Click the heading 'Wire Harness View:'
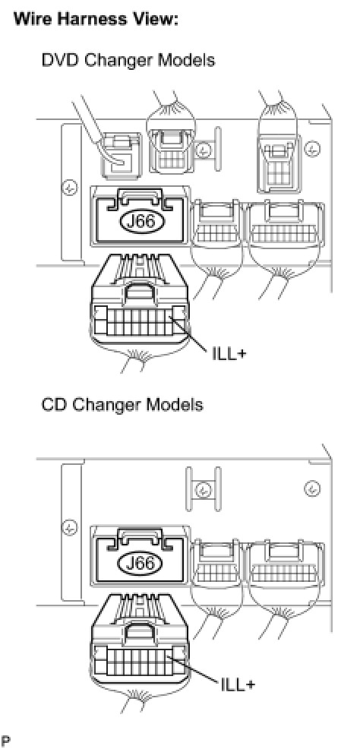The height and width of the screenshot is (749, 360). (96, 19)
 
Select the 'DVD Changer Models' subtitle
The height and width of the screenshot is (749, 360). (128, 61)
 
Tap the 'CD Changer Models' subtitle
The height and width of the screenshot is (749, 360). (122, 405)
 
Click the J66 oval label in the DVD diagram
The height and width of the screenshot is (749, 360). (143, 221)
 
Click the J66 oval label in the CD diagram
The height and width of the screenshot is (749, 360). (142, 564)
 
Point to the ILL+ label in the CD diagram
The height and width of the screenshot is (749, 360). (237, 684)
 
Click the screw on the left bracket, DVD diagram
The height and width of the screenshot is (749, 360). (70, 188)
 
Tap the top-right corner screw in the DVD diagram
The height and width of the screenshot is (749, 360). (312, 150)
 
